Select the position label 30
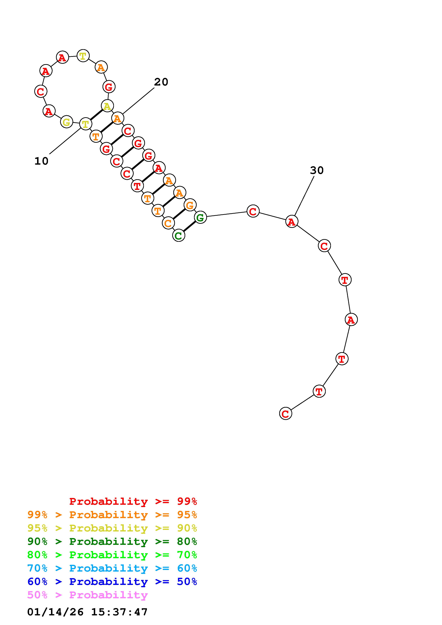coord(317,170)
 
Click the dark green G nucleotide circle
coord(200,217)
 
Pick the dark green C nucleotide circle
coord(179,236)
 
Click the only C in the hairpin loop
coord(41,91)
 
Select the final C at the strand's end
coord(285,414)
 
